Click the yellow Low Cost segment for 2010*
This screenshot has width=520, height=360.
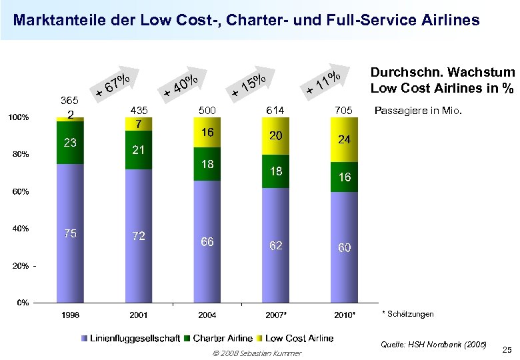point(344,140)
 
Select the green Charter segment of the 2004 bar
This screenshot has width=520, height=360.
point(207,163)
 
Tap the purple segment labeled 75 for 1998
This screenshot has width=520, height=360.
point(70,233)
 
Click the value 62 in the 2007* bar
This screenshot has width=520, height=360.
point(275,245)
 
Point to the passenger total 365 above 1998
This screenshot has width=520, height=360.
point(70,100)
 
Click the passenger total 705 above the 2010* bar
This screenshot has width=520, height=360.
point(344,110)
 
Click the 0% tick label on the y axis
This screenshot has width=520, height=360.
point(23,303)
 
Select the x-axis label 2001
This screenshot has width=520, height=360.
point(139,314)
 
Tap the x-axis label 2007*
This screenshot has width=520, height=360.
point(275,314)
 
